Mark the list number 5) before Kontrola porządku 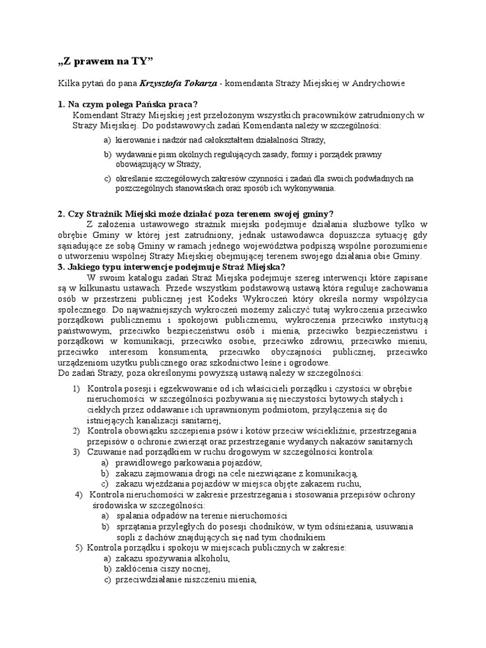(x=78, y=547)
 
